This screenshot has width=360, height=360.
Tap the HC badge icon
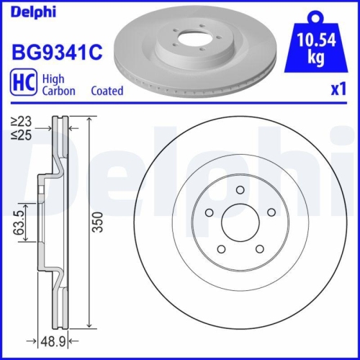tap(22, 84)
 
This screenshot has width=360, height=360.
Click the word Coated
tap(107, 91)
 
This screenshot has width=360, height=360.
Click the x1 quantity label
tap(338, 89)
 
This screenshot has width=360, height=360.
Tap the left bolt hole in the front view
tap(209, 212)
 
